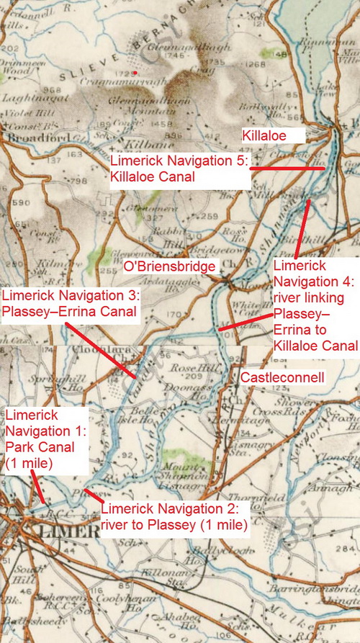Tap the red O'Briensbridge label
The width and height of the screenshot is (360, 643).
pyautogui.click(x=170, y=266)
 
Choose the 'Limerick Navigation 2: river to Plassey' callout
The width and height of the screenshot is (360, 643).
pyautogui.click(x=169, y=517)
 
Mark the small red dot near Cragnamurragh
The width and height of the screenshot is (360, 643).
pyautogui.click(x=135, y=73)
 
